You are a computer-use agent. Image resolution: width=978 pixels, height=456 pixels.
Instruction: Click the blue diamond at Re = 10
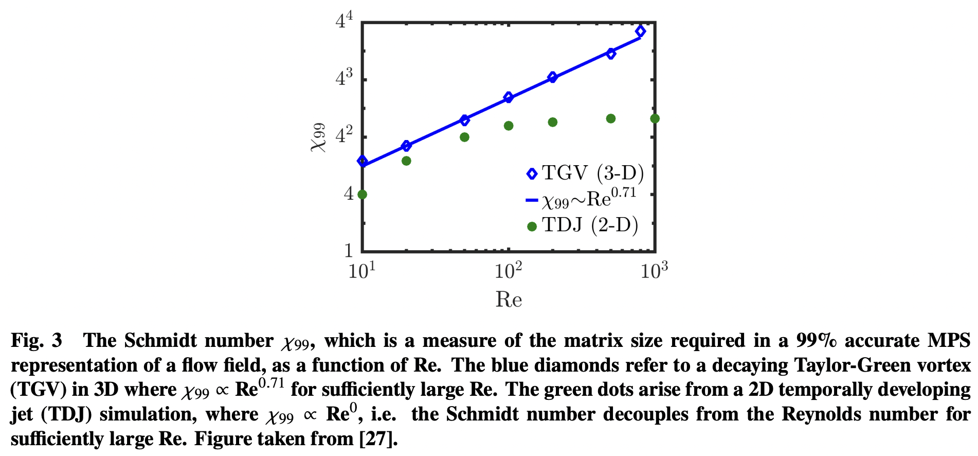pyautogui.click(x=363, y=161)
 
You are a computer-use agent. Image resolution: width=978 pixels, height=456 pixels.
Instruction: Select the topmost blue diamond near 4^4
pyautogui.click(x=640, y=31)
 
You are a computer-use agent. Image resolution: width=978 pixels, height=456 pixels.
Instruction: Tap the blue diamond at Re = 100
pyautogui.click(x=509, y=97)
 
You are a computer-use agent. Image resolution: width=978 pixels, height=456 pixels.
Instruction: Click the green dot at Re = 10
pyautogui.click(x=362, y=195)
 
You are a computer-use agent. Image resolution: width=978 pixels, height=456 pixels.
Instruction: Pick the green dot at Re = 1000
pyautogui.click(x=655, y=119)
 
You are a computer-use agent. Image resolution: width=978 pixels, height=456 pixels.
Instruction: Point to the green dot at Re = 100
pyautogui.click(x=509, y=126)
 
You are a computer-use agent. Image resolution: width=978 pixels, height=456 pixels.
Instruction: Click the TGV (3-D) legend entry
pyautogui.click(x=585, y=173)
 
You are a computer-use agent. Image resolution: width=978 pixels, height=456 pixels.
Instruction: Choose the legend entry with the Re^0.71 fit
pyautogui.click(x=581, y=199)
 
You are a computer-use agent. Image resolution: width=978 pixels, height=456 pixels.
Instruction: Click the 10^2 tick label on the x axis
pyautogui.click(x=508, y=270)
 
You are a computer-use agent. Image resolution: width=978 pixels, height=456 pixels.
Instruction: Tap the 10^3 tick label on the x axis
pyautogui.click(x=654, y=270)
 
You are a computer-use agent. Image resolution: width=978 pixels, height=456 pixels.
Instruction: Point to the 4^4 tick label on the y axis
pyautogui.click(x=344, y=21)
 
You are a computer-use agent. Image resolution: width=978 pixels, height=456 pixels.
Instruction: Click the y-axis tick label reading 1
pyautogui.click(x=349, y=251)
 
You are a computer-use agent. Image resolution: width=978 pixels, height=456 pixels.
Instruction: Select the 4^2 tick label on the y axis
pyautogui.click(x=344, y=136)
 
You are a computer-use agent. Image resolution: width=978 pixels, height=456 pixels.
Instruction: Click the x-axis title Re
pyautogui.click(x=509, y=300)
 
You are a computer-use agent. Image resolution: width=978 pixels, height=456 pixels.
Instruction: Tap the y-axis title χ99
pyautogui.click(x=318, y=137)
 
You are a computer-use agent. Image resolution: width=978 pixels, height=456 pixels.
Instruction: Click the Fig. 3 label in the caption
pyautogui.click(x=37, y=341)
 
